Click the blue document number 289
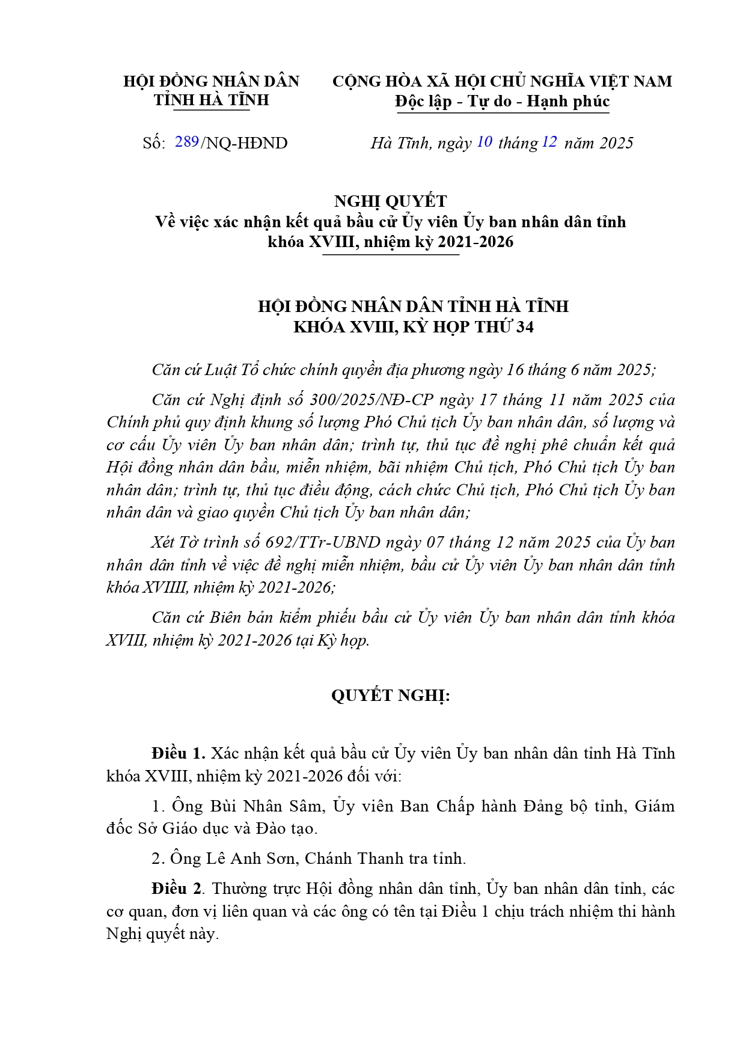click(187, 142)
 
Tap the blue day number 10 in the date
click(485, 142)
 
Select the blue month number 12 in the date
click(549, 142)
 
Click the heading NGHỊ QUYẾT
click(390, 201)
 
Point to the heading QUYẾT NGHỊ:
click(390, 696)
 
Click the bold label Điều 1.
click(179, 753)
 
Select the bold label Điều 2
click(178, 888)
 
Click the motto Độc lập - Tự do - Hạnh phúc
click(502, 102)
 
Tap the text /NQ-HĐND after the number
click(244, 143)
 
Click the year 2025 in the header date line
click(617, 143)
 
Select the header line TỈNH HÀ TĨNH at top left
click(211, 100)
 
